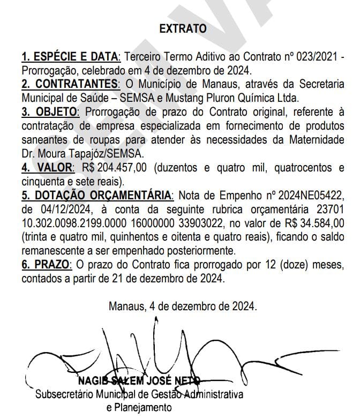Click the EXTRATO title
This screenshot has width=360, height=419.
coord(183,29)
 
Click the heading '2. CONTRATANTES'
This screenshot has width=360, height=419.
coord(69,85)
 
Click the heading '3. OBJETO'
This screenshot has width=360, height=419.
coord(50,113)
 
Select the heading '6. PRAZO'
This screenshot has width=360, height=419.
coord(44,265)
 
